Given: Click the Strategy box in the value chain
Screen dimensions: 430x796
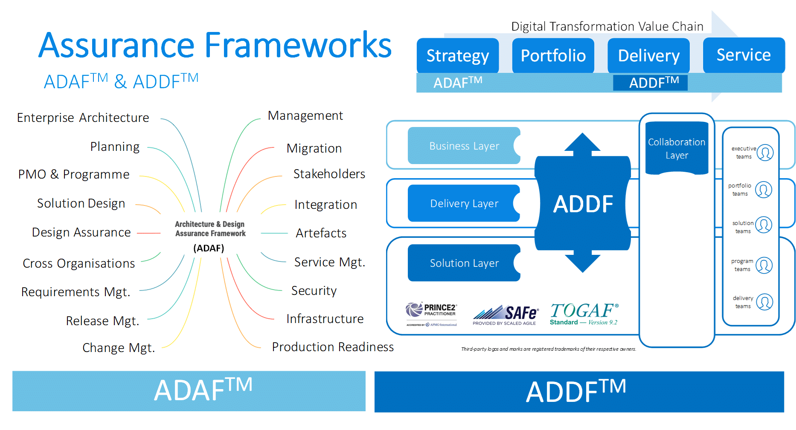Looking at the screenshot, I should (x=457, y=56).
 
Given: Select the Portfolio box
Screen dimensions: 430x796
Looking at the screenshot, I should (x=553, y=56).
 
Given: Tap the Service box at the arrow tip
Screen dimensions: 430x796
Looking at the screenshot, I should (x=744, y=55).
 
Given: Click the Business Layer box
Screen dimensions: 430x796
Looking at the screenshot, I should (x=464, y=146).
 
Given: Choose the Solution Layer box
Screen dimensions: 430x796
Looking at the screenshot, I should (x=464, y=263).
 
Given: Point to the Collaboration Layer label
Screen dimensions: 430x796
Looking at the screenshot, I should (x=677, y=148).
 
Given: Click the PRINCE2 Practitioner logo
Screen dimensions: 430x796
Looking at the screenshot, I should (x=431, y=314).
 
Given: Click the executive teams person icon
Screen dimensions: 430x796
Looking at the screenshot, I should (x=765, y=153).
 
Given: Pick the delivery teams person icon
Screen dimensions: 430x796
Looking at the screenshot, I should (x=764, y=302).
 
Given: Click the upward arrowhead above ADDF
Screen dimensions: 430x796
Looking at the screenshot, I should (x=582, y=143).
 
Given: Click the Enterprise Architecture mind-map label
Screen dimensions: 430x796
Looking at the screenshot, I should (x=83, y=118).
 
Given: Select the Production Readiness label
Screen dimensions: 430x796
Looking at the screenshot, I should (x=333, y=347).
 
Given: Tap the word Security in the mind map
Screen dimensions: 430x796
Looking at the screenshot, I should (x=314, y=291).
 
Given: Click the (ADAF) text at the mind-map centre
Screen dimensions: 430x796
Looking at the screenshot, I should (x=209, y=248).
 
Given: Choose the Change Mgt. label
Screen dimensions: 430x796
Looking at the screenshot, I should (x=119, y=348).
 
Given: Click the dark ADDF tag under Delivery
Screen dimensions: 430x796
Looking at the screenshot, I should (x=650, y=83).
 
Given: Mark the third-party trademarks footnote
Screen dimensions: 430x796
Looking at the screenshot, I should (x=548, y=349).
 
